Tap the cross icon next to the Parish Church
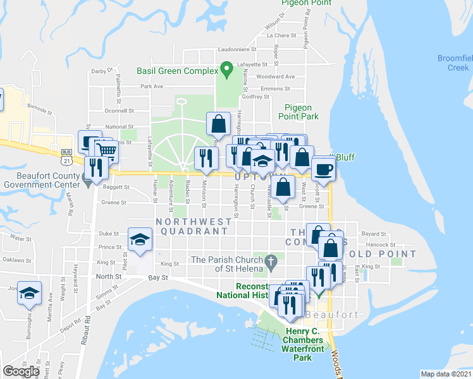coord(271,260)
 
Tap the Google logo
coord(21,371)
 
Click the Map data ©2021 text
coord(446,374)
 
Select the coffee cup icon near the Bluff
coord(323,169)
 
